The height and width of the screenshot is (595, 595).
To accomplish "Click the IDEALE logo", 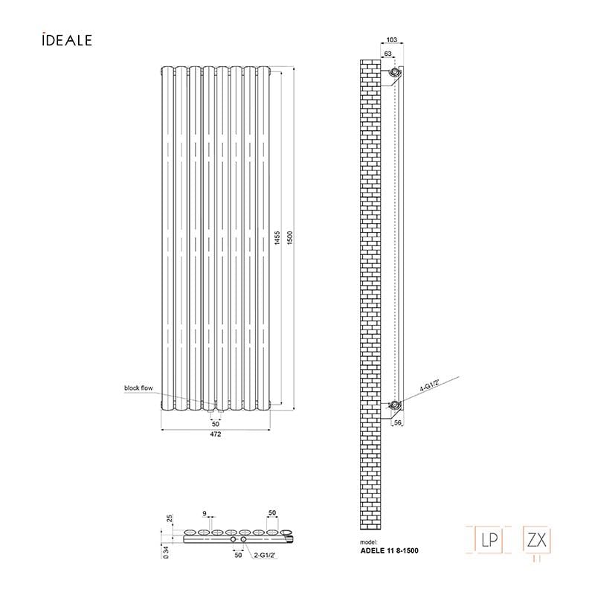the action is [67, 39].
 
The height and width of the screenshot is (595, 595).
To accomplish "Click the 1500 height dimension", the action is [290, 238].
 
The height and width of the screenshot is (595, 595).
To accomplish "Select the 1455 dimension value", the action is [277, 238].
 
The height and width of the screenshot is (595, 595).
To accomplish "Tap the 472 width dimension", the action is [216, 434].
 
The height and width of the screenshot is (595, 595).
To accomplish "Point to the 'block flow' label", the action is [138, 387].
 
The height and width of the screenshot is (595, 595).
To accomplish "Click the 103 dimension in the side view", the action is [392, 39].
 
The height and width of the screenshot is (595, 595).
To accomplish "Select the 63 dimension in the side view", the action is [387, 54].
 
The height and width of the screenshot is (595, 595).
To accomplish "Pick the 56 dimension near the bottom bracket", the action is [398, 422].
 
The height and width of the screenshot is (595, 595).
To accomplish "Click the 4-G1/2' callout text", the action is [430, 385].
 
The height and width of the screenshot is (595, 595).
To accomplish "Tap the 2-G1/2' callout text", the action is [266, 555].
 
